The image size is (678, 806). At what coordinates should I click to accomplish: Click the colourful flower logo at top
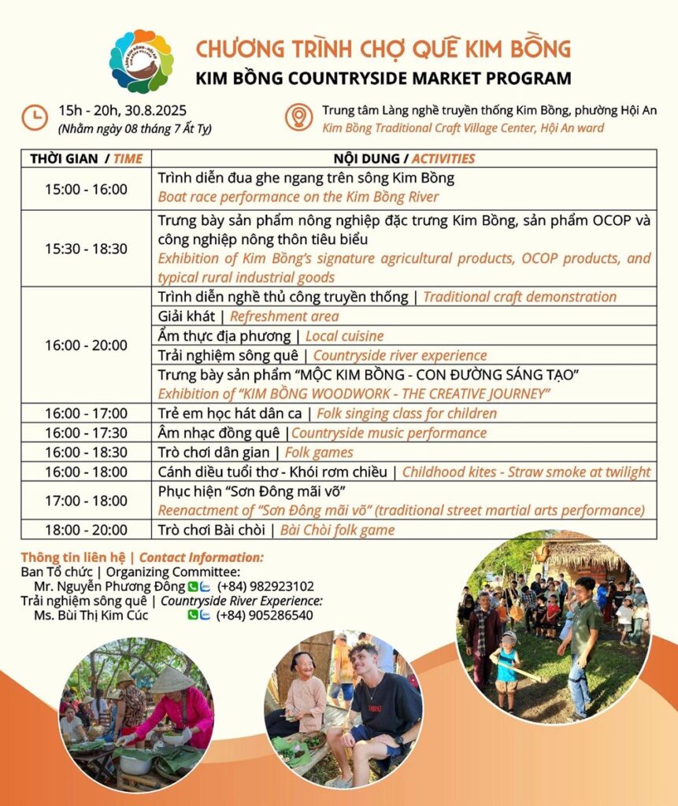point(141,61)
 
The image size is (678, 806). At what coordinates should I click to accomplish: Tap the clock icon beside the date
point(34,117)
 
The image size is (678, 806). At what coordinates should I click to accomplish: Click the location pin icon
point(298,117)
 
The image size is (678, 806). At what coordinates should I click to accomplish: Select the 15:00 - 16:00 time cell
point(86,189)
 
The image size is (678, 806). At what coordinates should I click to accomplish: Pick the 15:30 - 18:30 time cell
point(86,248)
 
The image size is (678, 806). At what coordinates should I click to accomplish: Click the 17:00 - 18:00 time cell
point(86,501)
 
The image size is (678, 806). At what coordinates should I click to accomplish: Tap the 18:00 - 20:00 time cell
point(86,530)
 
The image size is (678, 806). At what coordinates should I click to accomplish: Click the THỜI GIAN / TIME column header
point(86,158)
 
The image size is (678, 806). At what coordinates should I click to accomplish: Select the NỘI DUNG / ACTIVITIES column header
point(405,158)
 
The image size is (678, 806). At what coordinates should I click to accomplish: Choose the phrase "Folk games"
point(319,453)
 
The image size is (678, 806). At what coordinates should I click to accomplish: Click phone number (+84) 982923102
point(265,586)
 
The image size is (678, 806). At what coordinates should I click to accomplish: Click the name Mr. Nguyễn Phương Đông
point(110,586)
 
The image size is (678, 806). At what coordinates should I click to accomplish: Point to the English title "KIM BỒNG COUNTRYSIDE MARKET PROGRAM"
point(383,78)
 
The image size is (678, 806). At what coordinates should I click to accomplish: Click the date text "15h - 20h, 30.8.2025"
point(122,110)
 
